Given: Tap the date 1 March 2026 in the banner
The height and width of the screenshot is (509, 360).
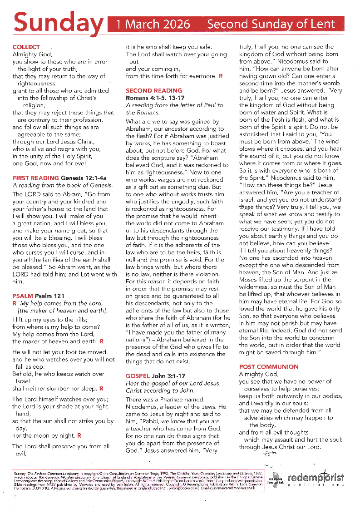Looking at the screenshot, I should (153, 24).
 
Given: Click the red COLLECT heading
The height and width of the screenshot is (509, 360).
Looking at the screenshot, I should (26, 47).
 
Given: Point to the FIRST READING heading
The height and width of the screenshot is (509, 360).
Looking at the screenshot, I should (36, 178).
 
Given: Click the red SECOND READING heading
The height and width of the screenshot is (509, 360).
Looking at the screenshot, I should (154, 90).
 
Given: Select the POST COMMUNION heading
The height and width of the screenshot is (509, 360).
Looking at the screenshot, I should (269, 366).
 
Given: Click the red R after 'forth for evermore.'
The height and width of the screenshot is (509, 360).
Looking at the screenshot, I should (221, 76).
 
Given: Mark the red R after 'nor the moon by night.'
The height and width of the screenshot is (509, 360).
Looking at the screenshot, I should (79, 435).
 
